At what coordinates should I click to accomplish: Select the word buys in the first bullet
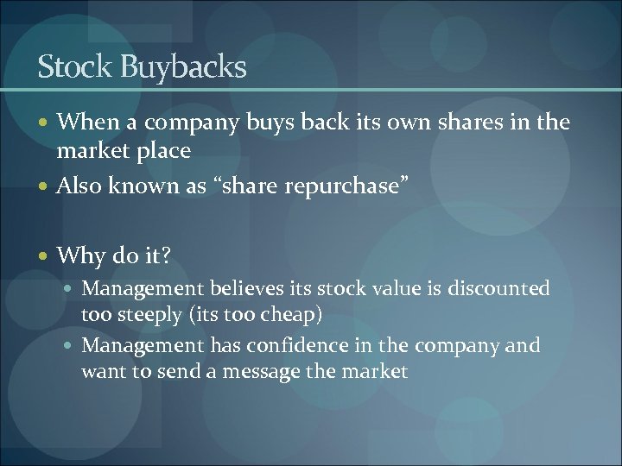pos(270,123)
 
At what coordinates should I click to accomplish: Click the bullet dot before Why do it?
pos(43,255)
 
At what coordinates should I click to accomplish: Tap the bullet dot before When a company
pos(43,123)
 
